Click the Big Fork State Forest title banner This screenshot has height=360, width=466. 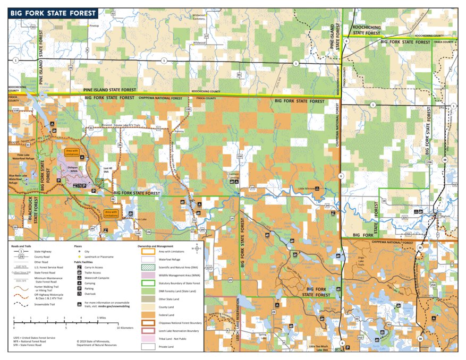[52, 13]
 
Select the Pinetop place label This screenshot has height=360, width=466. [94, 25]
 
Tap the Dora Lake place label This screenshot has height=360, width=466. [140, 219]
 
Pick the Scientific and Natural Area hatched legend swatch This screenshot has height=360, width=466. [148, 267]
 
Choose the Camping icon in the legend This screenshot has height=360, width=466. [79, 284]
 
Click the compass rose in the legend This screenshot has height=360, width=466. [198, 247]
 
